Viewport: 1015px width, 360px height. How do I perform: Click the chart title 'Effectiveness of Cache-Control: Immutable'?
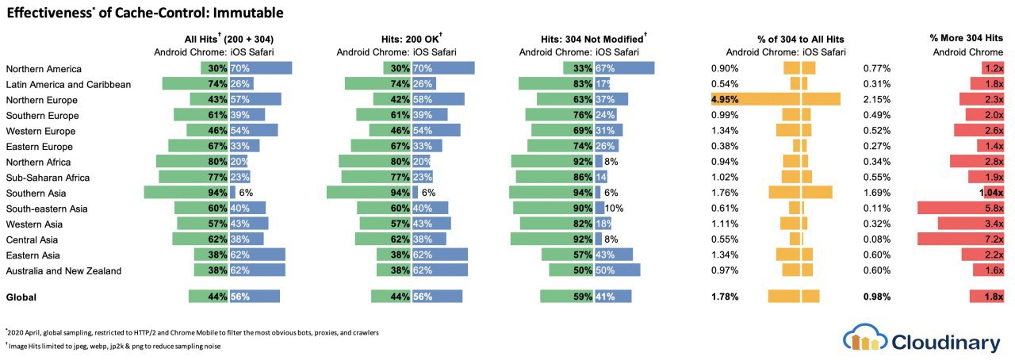point(144,13)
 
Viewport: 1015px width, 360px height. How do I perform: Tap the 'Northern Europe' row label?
point(42,100)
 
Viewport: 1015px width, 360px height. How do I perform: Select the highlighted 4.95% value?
point(726,100)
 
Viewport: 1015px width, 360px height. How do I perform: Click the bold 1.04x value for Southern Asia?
point(990,193)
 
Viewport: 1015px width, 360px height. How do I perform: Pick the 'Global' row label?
point(22,297)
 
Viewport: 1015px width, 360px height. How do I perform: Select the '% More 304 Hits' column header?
point(966,38)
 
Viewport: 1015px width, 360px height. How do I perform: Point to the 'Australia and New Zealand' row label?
point(63,271)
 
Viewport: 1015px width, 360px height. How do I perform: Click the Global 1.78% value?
point(725,297)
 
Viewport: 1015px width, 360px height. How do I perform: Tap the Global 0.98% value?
point(877,297)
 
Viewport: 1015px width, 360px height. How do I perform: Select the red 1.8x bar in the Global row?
point(987,297)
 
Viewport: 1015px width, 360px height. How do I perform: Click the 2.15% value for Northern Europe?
point(877,100)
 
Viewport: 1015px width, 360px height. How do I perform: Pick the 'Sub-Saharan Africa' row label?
point(48,178)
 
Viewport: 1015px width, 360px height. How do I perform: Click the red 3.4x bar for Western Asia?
point(975,224)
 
